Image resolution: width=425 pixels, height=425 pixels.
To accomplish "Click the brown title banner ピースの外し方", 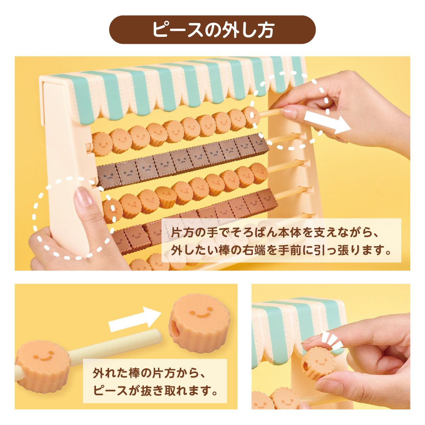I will tap(212, 30).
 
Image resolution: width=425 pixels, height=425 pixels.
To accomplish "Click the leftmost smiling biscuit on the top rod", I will tap(102, 143).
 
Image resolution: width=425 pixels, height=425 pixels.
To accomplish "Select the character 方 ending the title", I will tap(265, 30).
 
